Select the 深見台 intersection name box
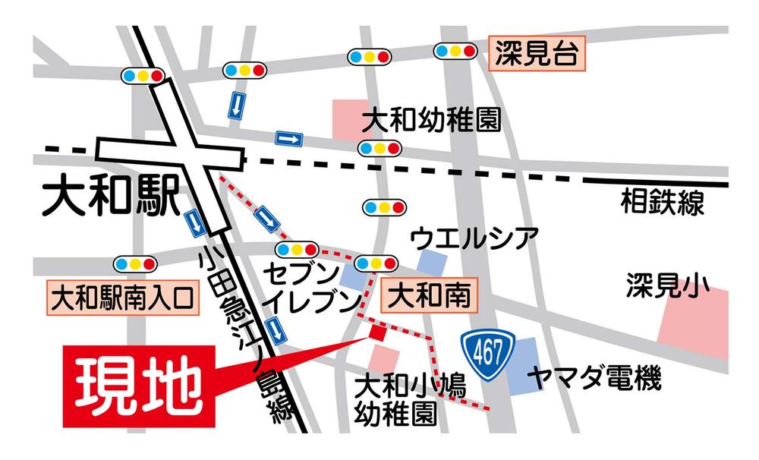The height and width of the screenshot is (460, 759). pyautogui.click(x=537, y=54)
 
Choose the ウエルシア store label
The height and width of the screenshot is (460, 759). pyautogui.click(x=474, y=238)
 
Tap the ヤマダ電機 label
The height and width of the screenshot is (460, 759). pyautogui.click(x=596, y=377)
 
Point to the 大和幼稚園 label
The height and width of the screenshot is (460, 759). pyautogui.click(x=431, y=121)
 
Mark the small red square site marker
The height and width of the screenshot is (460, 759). pyautogui.click(x=377, y=332)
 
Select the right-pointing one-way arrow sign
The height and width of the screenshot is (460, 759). pyautogui.click(x=289, y=138)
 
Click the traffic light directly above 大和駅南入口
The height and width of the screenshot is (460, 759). pyautogui.click(x=135, y=263)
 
